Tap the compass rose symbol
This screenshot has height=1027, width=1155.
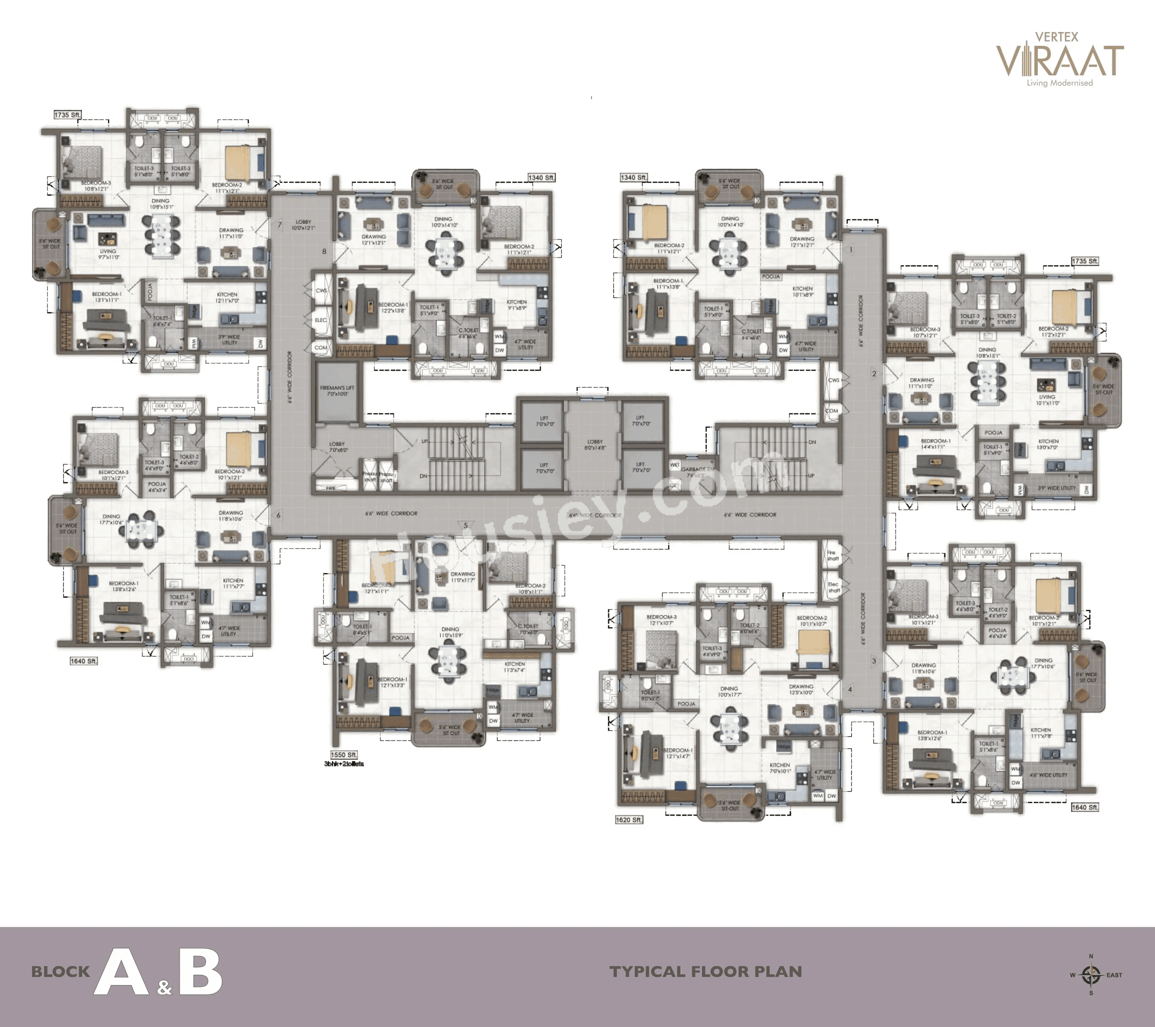(x=1090, y=974)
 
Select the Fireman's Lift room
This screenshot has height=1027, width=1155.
(x=337, y=392)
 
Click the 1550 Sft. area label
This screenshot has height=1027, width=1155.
(x=344, y=754)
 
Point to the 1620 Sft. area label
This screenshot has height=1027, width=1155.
(x=629, y=819)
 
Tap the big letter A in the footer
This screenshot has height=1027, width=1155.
(x=121, y=972)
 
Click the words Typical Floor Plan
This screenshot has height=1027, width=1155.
(x=706, y=972)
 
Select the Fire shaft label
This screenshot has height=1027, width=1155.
(x=832, y=555)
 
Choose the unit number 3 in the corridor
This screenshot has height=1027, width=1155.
(x=874, y=661)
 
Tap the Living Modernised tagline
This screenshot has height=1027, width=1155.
(x=1060, y=83)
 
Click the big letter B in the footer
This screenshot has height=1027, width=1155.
(x=201, y=972)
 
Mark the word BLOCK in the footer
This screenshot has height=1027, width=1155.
(x=60, y=972)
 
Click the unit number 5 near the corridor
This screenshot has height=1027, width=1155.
(x=465, y=525)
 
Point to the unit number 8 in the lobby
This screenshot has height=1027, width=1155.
(x=324, y=252)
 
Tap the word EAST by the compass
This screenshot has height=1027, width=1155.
(x=1114, y=975)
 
